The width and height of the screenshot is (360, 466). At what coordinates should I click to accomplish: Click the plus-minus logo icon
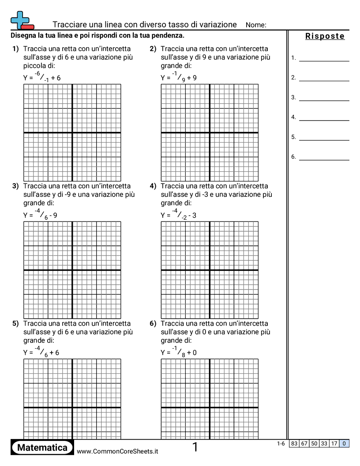point(21,20)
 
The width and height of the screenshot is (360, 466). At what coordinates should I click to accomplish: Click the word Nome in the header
point(255,25)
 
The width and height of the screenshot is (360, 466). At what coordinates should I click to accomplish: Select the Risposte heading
point(325,36)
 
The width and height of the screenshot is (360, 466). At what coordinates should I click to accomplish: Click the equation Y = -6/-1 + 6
point(42,77)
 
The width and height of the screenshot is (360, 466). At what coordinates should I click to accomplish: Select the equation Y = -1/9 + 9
point(179,77)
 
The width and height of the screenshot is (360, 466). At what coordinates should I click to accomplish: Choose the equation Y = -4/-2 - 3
point(179,215)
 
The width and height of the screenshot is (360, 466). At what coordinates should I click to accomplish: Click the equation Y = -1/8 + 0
point(179,352)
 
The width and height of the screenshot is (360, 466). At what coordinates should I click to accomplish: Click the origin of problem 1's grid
point(72,132)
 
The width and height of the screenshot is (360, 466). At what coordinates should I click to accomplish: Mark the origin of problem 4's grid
point(210,270)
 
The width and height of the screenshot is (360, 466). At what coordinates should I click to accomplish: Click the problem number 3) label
point(15,186)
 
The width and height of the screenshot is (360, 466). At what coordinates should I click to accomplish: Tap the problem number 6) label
point(153,323)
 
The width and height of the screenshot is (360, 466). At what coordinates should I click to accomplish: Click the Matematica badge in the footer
point(42,447)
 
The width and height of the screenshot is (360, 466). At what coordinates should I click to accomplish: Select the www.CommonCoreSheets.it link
point(117,451)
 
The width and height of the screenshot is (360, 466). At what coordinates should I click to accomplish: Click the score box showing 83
point(294,443)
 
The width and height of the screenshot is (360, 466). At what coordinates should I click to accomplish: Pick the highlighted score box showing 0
point(344,443)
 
